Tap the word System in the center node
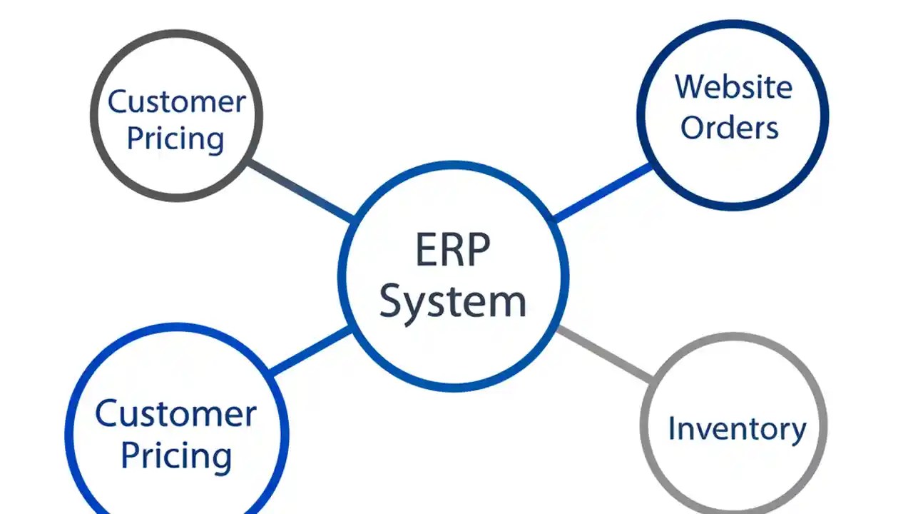click(452, 301)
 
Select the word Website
click(733, 87)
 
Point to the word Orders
click(729, 127)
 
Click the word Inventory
click(737, 428)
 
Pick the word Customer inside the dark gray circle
click(176, 101)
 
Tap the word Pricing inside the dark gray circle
click(175, 138)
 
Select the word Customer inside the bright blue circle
click(175, 413)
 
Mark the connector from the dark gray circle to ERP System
click(300, 191)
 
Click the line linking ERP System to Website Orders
click(603, 191)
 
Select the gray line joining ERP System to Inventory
click(605, 353)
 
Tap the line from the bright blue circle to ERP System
click(310, 351)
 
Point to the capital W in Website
click(690, 87)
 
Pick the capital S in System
click(392, 301)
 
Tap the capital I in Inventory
click(672, 428)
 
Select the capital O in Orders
click(692, 127)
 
